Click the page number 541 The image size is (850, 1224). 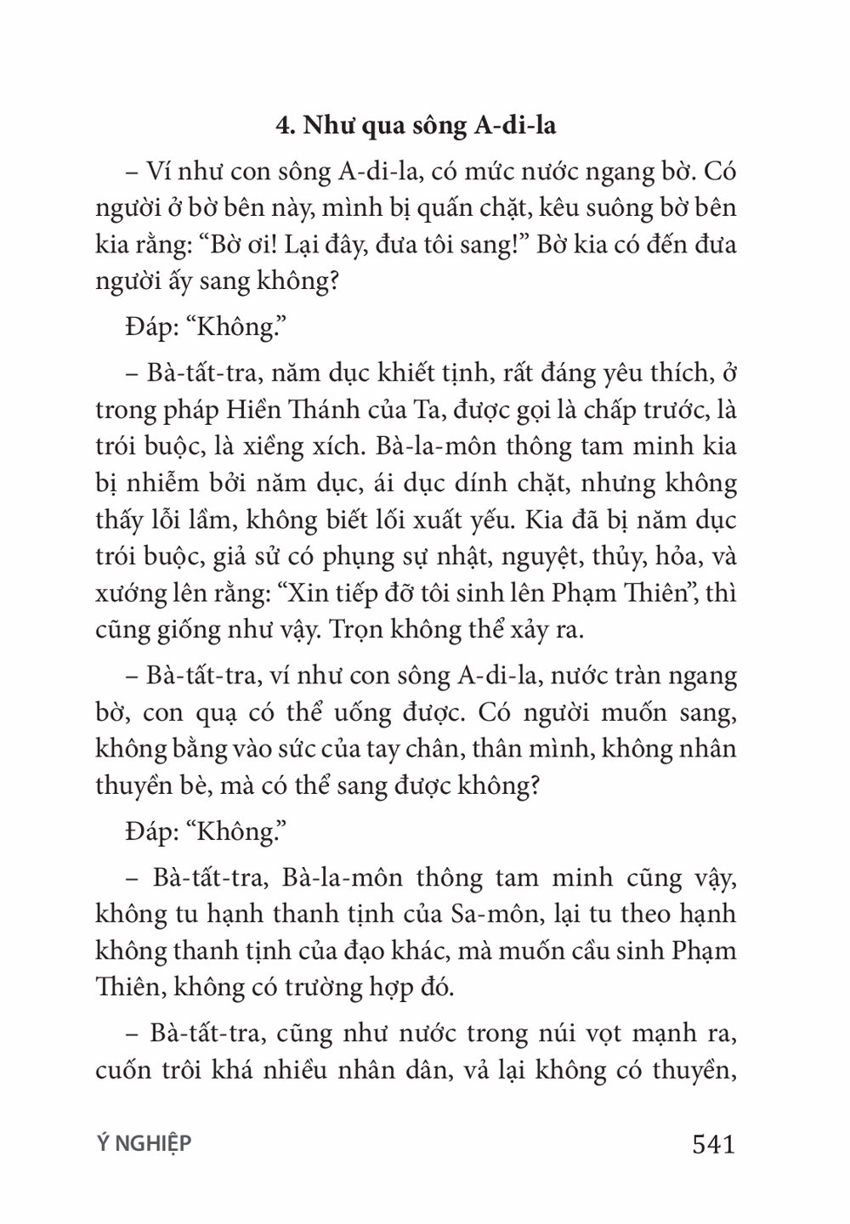713,1144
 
